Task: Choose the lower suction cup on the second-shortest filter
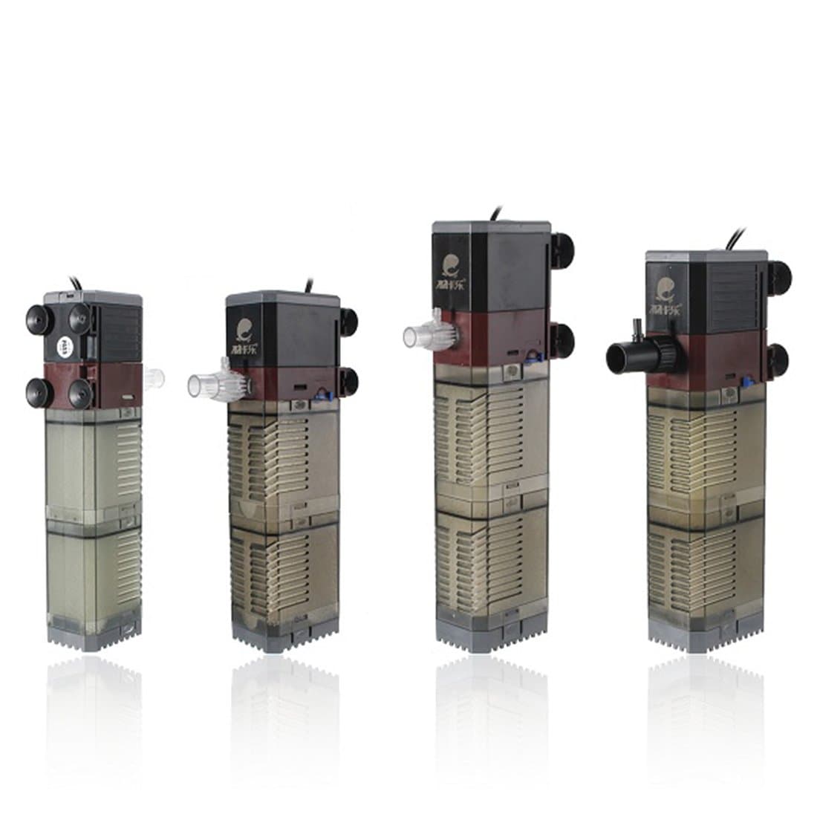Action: (348, 381)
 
